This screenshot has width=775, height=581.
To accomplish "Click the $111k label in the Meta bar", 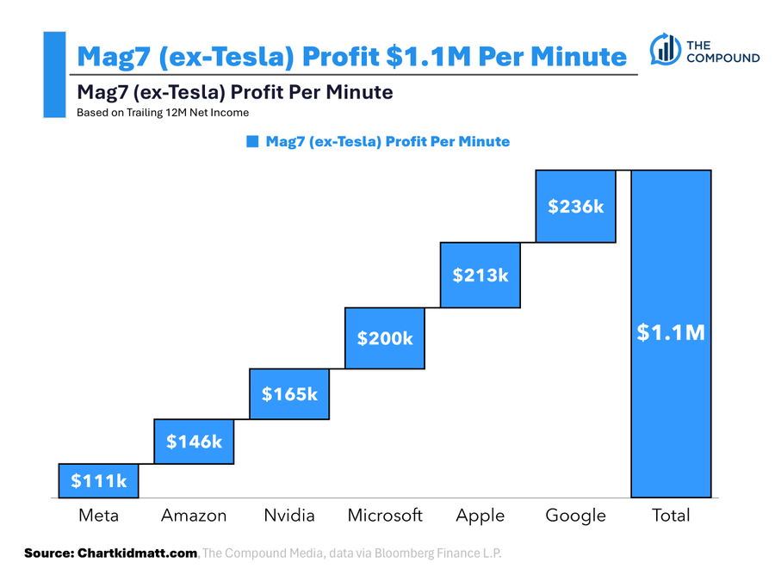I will (x=98, y=481).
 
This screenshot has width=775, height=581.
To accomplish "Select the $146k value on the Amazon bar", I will (x=194, y=442).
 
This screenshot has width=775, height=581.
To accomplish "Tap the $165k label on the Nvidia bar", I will (x=289, y=394).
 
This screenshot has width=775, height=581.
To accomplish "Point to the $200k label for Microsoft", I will (x=385, y=338).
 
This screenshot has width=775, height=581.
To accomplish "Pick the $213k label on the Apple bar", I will (x=480, y=275).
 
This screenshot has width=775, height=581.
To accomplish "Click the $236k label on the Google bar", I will (x=576, y=207).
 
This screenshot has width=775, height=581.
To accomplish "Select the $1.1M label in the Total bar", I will (x=671, y=332).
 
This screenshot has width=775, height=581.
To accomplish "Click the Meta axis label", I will (x=98, y=516).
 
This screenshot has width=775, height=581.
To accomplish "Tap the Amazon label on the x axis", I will (x=194, y=516).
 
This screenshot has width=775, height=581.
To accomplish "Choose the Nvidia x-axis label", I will (x=289, y=516).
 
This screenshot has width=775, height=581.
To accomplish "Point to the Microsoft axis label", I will (x=385, y=516).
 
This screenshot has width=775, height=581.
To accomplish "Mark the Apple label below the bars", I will (x=480, y=516).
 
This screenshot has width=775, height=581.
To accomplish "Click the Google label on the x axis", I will (x=576, y=516).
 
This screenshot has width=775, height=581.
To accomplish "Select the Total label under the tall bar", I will (x=671, y=516).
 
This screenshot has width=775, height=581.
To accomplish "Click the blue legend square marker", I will (x=252, y=141).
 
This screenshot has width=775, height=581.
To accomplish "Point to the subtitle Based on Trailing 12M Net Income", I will (x=163, y=112).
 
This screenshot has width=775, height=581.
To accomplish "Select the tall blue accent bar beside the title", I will (x=54, y=74).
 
